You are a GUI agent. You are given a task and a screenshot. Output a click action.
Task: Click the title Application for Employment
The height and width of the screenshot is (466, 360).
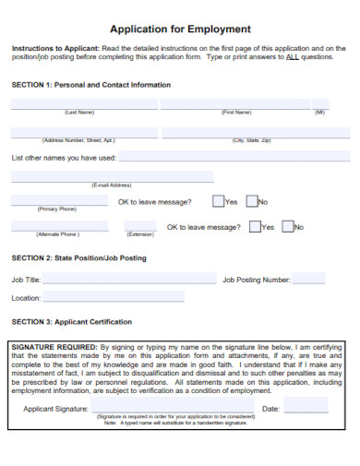[x=180, y=29]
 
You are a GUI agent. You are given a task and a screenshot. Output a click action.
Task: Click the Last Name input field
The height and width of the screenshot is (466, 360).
[x=79, y=104]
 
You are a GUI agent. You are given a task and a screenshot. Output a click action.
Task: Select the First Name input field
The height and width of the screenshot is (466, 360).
[x=235, y=104]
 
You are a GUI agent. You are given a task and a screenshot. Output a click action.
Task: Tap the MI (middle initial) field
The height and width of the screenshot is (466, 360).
[x=319, y=104]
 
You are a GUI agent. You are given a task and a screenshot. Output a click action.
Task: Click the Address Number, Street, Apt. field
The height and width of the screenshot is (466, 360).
[x=79, y=132]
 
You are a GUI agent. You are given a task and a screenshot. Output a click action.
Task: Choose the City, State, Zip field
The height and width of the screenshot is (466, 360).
[x=254, y=132]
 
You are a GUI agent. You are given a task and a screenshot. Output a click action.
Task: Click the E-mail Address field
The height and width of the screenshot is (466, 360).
[x=112, y=176]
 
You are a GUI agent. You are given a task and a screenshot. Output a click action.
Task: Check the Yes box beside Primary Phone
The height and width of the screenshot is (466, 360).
[x=218, y=201]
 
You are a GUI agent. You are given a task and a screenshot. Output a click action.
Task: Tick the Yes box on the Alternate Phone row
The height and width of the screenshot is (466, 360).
[x=254, y=226]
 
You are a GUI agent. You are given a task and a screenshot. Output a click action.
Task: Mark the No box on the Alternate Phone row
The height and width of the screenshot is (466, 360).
[x=287, y=226]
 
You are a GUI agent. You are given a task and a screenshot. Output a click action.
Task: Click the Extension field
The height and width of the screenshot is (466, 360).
[x=140, y=225]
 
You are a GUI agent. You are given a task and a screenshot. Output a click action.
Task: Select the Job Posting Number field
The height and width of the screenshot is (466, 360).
[x=309, y=278]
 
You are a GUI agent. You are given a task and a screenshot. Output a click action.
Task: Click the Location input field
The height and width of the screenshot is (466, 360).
[x=114, y=298]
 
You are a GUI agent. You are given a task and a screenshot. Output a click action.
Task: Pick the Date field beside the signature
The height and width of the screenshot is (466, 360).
[x=306, y=407]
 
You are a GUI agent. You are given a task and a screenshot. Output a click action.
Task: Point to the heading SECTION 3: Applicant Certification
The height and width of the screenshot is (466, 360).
[x=71, y=322]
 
